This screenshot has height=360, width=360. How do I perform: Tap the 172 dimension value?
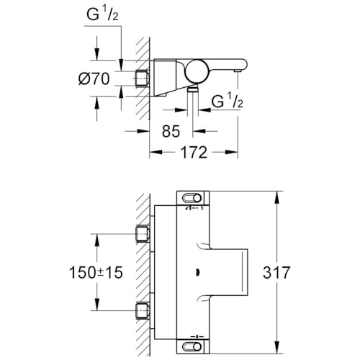tap(193, 152)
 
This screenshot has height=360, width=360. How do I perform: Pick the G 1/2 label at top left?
tap(106, 14)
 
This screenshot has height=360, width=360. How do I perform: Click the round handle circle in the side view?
tap(196, 71)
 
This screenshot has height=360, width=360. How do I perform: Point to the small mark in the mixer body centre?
tap(196, 272)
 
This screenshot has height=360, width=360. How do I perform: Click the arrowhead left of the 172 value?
tap(154, 153)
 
